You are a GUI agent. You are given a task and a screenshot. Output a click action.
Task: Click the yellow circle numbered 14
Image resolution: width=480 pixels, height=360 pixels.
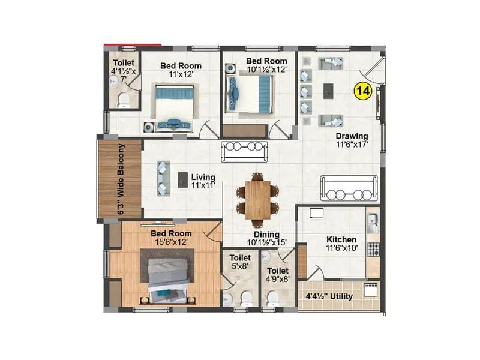363,91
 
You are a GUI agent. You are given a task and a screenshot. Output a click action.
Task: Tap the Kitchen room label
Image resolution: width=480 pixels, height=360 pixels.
341,243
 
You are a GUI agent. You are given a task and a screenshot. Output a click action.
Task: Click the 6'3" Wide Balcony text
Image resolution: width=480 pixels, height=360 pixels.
121,179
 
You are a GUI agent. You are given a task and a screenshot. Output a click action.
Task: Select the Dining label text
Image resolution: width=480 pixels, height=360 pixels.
266,238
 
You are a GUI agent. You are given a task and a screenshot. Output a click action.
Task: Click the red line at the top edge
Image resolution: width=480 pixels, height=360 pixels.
132,44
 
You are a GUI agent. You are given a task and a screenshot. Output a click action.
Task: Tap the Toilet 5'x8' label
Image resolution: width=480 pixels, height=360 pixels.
240,261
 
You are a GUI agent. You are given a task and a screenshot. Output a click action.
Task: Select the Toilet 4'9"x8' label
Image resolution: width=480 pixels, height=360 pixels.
278,274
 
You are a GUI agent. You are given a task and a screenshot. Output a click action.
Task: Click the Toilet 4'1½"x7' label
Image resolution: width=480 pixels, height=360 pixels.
124,70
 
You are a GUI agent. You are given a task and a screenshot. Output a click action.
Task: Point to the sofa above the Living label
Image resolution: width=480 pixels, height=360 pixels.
244,151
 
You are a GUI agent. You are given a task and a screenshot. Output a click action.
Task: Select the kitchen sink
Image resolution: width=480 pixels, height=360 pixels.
372,223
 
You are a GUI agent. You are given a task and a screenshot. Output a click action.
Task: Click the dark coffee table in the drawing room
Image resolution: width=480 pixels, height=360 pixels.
328,91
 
